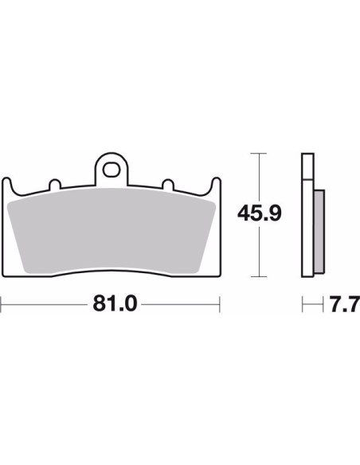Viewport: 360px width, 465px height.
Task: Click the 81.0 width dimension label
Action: coord(115,303)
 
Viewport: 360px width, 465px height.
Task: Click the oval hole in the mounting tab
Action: coord(111,170)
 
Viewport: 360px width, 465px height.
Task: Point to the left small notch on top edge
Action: coord(55,185)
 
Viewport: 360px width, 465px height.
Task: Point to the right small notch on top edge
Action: coord(168,185)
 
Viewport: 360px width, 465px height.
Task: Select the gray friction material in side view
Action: coord(319,232)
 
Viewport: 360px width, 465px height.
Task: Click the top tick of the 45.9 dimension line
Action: coord(259,154)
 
